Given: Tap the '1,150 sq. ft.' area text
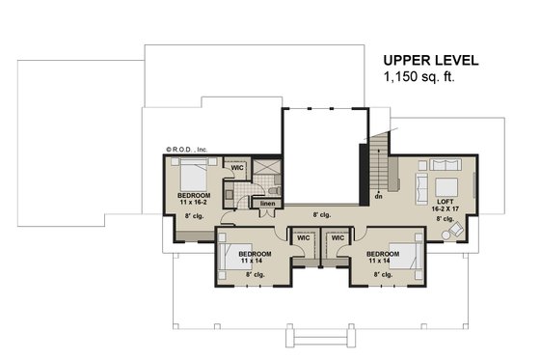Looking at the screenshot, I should click(421, 76).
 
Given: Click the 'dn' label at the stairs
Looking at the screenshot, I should click(379, 195).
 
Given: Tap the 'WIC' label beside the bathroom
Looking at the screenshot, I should click(237, 167).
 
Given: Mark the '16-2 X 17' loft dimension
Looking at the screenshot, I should click(445, 207).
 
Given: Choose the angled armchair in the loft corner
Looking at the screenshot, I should click(461, 231).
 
